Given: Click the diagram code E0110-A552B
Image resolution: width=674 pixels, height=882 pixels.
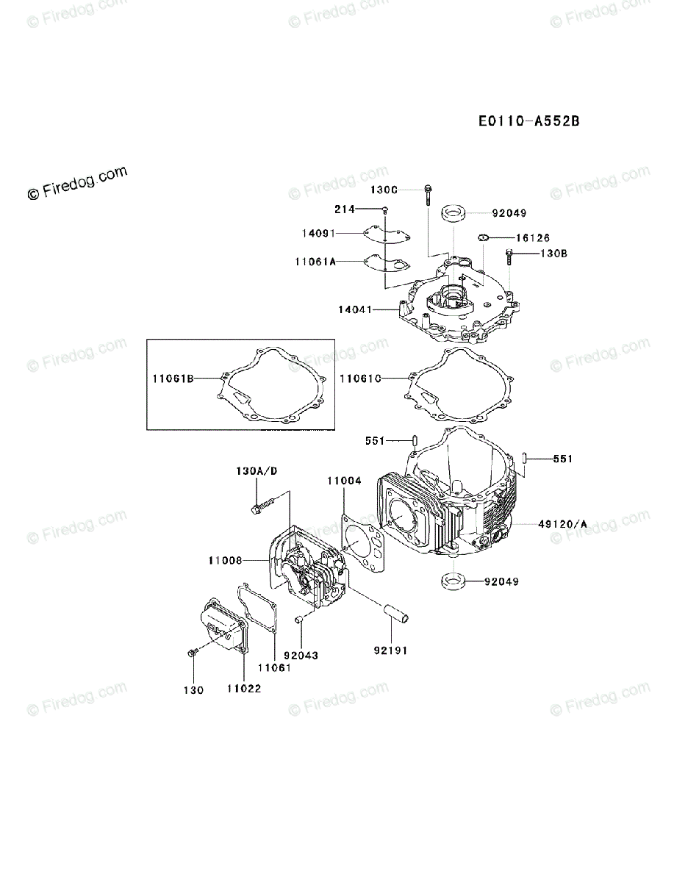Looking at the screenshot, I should pos(528,121).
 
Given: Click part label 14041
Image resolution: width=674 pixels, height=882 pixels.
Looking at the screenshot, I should pos(356,310).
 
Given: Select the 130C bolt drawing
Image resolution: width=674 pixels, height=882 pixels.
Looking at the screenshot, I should pos(428,195).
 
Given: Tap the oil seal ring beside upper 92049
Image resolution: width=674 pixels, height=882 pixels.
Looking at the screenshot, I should pos(453,215).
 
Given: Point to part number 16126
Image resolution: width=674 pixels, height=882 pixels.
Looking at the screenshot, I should pos(532,238).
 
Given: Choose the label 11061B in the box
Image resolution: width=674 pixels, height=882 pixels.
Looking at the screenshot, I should pos(173,379).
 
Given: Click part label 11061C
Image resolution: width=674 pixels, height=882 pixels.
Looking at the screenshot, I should pos(361,379).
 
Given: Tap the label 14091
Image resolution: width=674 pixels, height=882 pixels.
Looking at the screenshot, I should pos(318,233).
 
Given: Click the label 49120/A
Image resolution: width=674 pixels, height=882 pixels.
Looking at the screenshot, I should pos(562,524).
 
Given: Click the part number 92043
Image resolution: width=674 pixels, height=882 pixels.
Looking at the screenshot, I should pos(301,656).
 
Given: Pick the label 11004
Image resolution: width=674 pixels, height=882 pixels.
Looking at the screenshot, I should pos(344,481).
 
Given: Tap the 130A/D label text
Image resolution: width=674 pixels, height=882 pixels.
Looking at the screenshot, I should pos(257,470).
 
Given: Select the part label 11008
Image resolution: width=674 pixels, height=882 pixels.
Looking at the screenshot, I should pos(225,561).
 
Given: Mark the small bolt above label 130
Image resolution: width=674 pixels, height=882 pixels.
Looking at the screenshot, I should pos(193,652).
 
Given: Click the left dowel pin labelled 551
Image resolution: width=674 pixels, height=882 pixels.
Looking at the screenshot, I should pos(414,443).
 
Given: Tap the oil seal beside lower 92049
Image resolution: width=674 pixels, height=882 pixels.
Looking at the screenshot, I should pos(453,581).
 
